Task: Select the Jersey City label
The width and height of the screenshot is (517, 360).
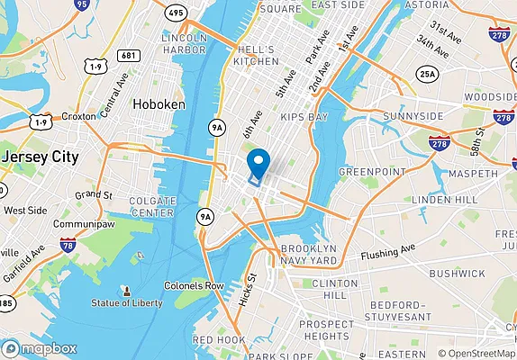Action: pyautogui.click(x=41, y=156)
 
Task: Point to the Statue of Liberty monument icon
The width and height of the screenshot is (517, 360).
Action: pyautogui.click(x=126, y=292)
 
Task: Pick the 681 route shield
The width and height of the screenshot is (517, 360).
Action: pyautogui.click(x=130, y=55)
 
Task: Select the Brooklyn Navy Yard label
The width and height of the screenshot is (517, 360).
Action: pyautogui.click(x=308, y=254)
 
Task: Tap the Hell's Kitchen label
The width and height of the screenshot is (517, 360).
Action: pyautogui.click(x=258, y=54)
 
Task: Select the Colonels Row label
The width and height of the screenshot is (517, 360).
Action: pyautogui.click(x=194, y=285)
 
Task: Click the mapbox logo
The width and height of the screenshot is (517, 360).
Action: pyautogui.click(x=40, y=348)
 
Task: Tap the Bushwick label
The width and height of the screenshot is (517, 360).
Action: pyautogui.click(x=457, y=272)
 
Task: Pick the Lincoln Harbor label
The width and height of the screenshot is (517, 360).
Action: pyautogui.click(x=184, y=44)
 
